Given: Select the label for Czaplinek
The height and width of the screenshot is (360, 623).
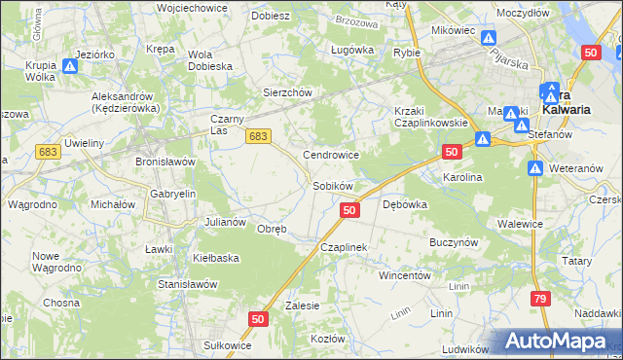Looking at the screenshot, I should (344, 247).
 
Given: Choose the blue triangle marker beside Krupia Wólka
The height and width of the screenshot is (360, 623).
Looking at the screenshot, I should (70, 67).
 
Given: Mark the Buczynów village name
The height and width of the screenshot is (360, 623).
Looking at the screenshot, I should (453, 239).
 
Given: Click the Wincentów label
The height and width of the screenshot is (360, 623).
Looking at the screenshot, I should (404, 275).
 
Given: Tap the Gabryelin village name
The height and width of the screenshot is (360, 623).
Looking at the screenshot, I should (172, 194).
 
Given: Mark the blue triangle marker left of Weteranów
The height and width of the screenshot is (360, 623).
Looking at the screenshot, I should (535, 168).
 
